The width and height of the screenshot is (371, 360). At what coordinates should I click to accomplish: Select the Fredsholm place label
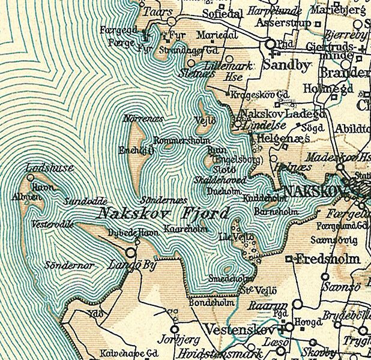click(328, 259)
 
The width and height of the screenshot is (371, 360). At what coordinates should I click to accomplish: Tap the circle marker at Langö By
click(131, 251)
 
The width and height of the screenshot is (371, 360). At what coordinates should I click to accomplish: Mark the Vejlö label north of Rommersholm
click(205, 119)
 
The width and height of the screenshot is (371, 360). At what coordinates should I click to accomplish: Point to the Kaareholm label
click(189, 230)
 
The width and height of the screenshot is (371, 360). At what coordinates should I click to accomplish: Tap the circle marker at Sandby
click(270, 44)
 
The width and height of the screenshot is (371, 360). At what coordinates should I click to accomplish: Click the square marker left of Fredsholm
click(289, 260)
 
